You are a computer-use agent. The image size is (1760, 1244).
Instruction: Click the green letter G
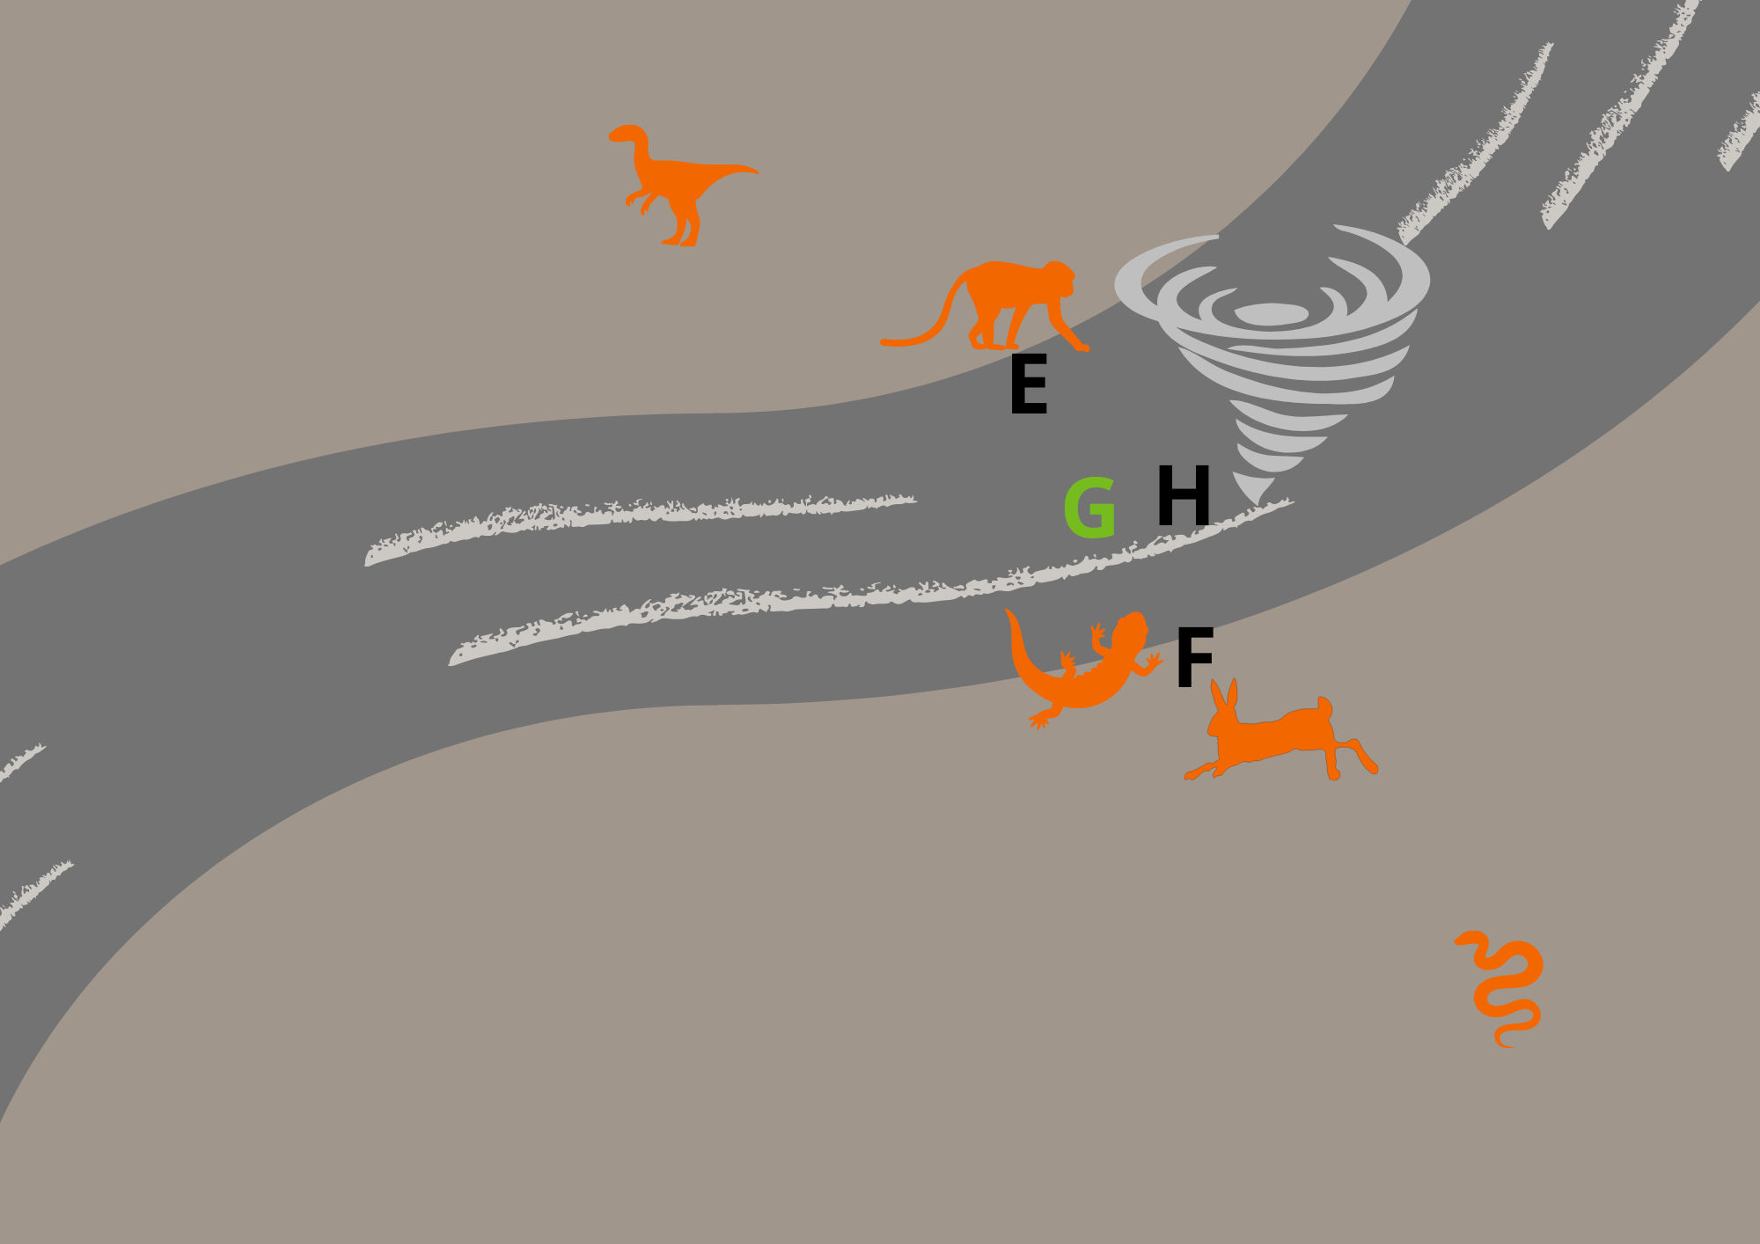click(1090, 508)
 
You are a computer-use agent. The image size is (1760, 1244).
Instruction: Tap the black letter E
click(1028, 384)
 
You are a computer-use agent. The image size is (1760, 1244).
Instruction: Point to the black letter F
click(1194, 657)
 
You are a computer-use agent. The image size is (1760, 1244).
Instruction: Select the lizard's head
click(1133, 626)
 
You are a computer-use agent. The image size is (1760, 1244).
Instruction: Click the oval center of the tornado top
click(1271, 314)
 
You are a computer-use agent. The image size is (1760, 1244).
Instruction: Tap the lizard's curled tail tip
click(1009, 613)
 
